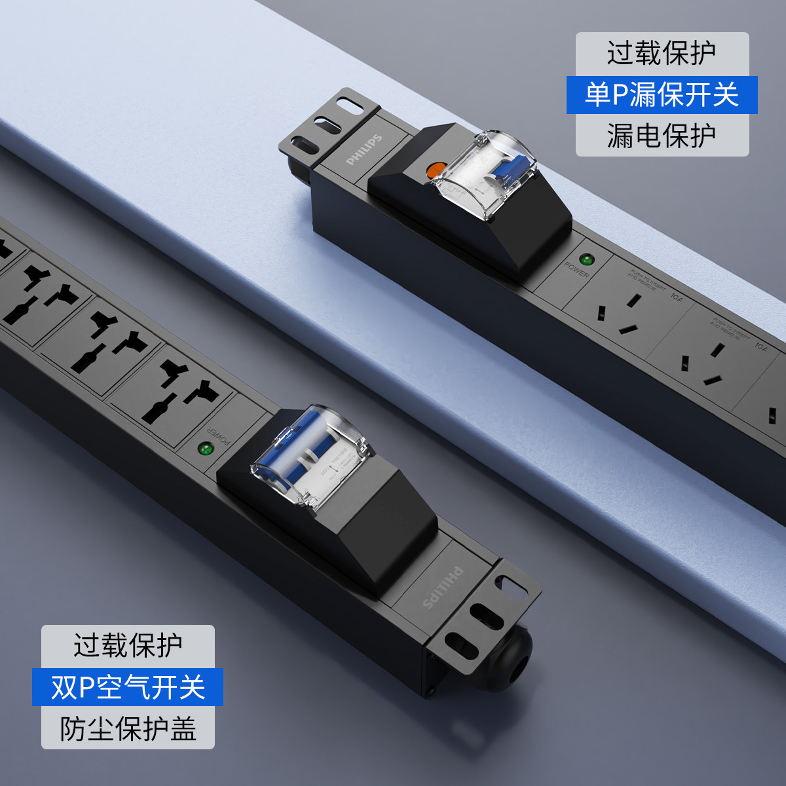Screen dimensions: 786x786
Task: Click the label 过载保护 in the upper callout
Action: [662, 53]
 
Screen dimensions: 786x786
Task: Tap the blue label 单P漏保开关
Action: [662, 95]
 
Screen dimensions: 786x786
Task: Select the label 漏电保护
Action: [662, 136]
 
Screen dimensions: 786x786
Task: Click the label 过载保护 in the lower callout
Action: [128, 645]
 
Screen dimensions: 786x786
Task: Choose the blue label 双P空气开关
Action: [128, 687]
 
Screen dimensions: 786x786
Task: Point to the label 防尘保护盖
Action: [128, 728]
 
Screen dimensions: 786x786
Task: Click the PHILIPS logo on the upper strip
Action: [364, 150]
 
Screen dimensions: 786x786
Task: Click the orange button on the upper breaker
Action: [434, 172]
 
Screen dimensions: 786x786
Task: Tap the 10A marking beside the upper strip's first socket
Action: [676, 298]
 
